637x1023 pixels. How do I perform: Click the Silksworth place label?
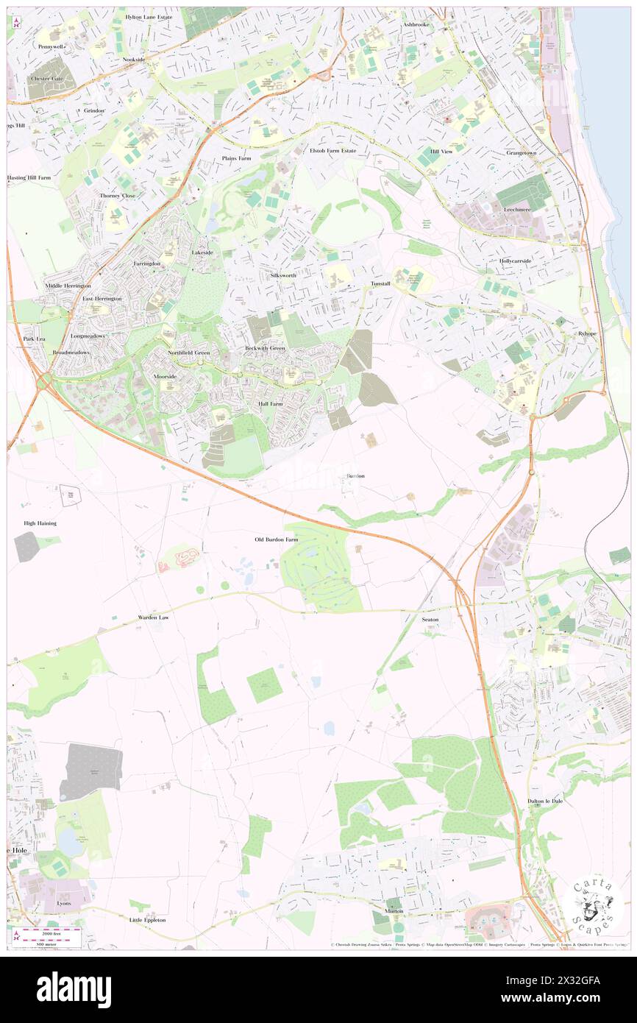(x=282, y=275)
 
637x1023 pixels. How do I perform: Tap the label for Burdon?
(x=355, y=476)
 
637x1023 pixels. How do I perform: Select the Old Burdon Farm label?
(x=277, y=539)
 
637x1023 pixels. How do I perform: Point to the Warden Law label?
(x=153, y=617)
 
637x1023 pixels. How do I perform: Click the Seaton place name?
(x=430, y=620)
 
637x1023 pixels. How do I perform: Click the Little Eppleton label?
(x=147, y=920)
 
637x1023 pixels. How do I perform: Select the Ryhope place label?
(x=586, y=334)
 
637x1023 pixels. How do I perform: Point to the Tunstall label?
(x=380, y=283)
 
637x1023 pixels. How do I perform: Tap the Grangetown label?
(x=522, y=152)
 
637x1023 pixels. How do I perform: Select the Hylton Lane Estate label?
(x=149, y=16)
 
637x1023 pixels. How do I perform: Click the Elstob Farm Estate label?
(x=332, y=150)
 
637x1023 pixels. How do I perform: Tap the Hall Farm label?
(x=271, y=404)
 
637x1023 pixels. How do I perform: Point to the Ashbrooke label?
(x=416, y=24)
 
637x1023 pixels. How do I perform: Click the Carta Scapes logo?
(x=597, y=905)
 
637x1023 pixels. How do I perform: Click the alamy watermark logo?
(x=74, y=990)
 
